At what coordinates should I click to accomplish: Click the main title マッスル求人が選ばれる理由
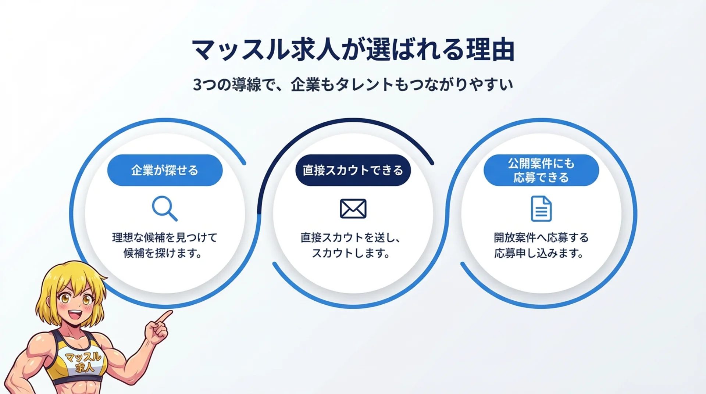click(353, 50)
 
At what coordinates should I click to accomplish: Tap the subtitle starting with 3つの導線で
click(353, 85)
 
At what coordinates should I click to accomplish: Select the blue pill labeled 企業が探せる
click(165, 170)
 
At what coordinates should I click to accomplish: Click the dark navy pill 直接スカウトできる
click(353, 170)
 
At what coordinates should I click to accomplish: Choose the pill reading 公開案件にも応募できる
click(541, 170)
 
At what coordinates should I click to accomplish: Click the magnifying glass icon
click(164, 208)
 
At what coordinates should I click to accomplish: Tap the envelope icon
click(353, 208)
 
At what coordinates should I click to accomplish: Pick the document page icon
click(541, 208)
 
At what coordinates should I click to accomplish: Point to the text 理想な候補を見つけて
click(164, 237)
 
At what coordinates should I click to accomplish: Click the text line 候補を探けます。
click(163, 253)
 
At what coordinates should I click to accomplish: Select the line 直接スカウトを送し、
click(350, 237)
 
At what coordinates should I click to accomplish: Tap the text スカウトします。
click(351, 253)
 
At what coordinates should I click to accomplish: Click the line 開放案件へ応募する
click(541, 237)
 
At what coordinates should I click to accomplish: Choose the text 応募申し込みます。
click(539, 253)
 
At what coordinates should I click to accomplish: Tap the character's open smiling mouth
click(76, 315)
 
